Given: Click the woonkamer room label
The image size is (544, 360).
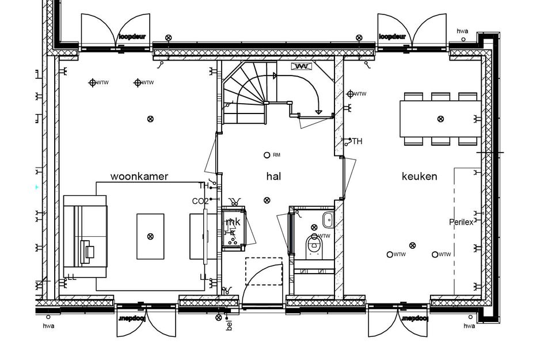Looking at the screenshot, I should click(x=139, y=176).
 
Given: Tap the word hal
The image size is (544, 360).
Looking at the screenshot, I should click(x=273, y=176).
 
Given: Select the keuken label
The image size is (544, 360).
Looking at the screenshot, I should click(x=419, y=176).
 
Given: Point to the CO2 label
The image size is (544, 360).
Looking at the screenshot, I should click(x=200, y=200).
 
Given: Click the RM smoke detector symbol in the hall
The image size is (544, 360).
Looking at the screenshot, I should click(x=267, y=155).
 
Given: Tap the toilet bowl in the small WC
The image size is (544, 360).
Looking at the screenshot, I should click(x=314, y=245).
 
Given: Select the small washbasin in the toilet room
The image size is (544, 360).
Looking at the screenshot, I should click(x=328, y=218).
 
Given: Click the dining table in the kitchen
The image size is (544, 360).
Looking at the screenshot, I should click(x=440, y=119).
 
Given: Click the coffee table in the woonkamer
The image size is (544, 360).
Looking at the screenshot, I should click(x=150, y=236).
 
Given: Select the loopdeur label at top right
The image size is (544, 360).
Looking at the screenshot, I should click(x=392, y=37).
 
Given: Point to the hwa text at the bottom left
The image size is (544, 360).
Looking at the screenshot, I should click(x=48, y=326).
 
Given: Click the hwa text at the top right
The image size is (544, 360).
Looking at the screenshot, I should click(x=462, y=31).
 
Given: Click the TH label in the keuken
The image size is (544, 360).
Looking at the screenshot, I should click(x=357, y=141).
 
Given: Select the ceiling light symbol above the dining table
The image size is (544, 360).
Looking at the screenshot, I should click(x=440, y=119).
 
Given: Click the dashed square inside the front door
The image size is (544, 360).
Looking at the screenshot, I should click(x=264, y=271).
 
